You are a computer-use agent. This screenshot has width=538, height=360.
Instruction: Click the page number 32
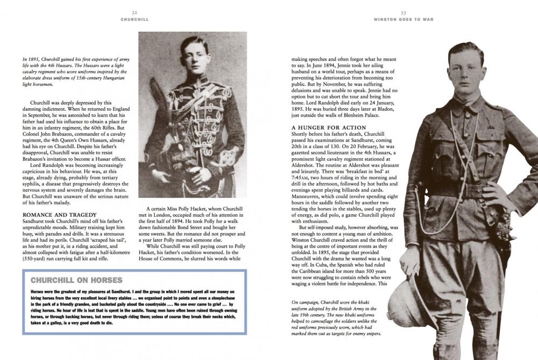pos(135,11)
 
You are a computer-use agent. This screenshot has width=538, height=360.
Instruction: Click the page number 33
pos(403,11)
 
